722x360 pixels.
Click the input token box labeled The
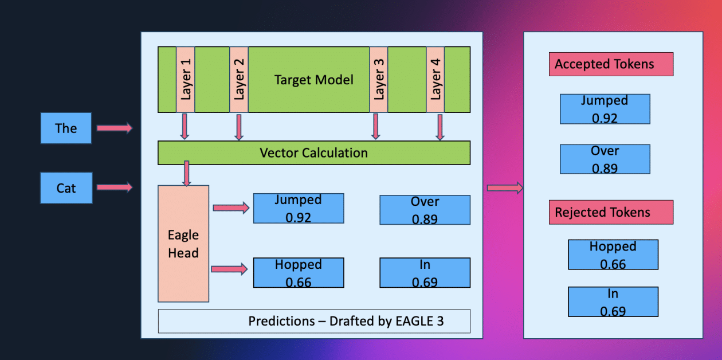tap(66, 128)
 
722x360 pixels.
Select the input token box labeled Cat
tap(66, 187)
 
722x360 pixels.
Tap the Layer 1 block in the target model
tap(185, 79)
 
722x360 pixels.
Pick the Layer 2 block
tap(239, 79)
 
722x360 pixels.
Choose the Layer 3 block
tap(378, 79)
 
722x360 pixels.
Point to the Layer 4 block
tap(435, 79)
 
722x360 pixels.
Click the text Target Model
tap(313, 80)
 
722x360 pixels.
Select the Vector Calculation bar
tap(313, 153)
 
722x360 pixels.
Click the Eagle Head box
tap(183, 244)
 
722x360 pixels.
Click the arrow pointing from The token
tap(114, 128)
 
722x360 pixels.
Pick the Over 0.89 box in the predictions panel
tap(425, 210)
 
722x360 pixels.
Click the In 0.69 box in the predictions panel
tap(425, 273)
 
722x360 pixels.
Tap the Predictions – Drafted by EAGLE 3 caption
tap(313, 321)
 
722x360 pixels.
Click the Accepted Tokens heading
tap(610, 64)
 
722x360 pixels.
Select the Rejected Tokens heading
tap(610, 212)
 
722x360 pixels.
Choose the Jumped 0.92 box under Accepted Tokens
tap(605, 109)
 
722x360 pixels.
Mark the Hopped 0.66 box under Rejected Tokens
tap(613, 255)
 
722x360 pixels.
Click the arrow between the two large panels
tap(504, 187)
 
